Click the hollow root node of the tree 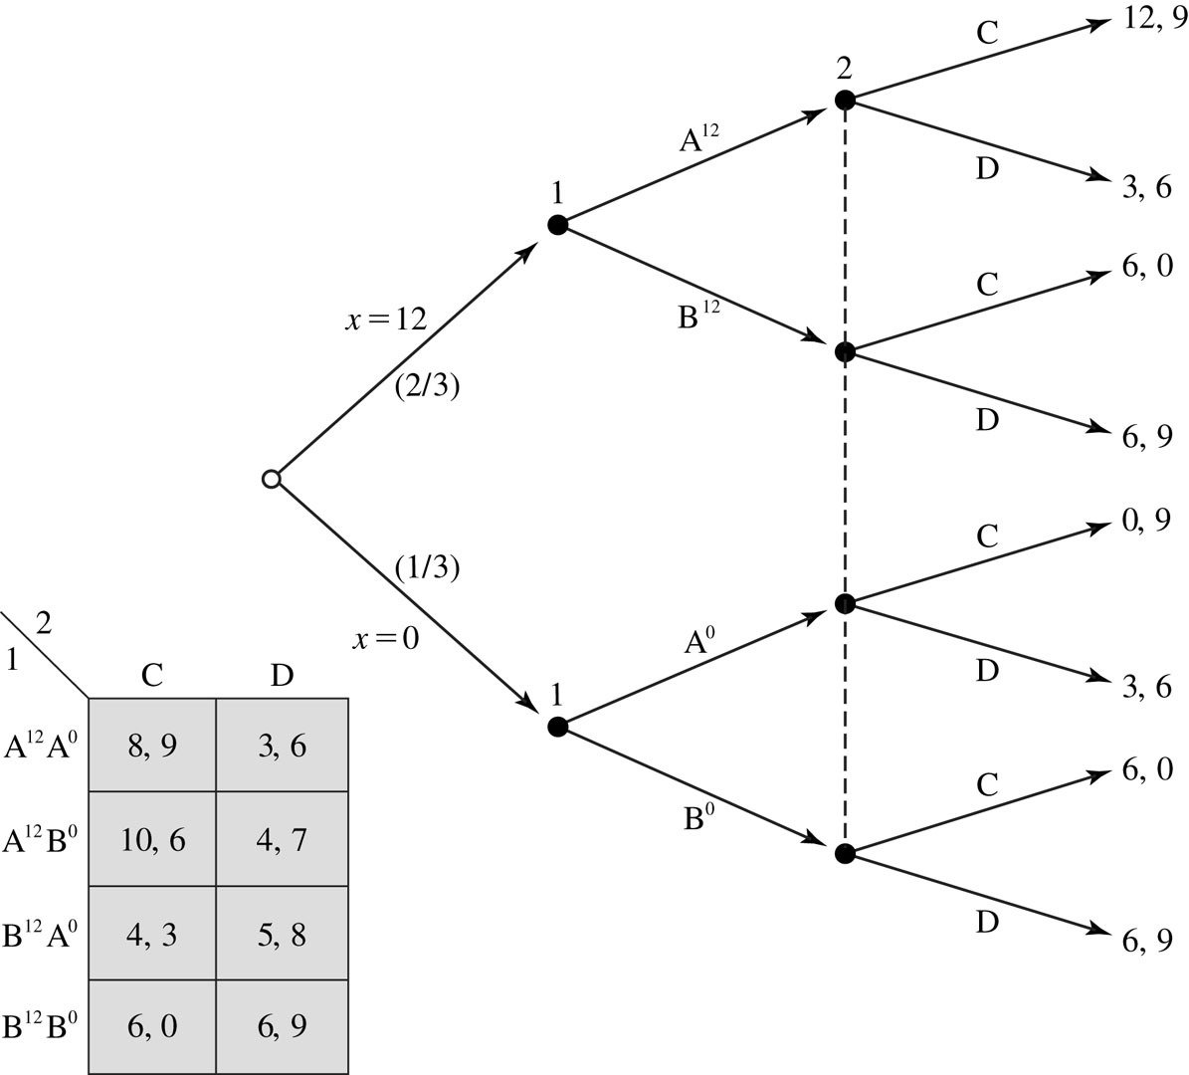[271, 479]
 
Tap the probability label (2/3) [427, 386]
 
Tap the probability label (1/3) [427, 567]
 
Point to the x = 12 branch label [386, 321]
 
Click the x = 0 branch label [385, 638]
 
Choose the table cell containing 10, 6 [152, 839]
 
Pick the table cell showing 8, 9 [152, 746]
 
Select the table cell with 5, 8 [282, 934]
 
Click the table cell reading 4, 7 [282, 839]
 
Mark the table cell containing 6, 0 [152, 1026]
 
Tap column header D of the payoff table [282, 676]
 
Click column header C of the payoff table [152, 676]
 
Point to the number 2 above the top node [845, 70]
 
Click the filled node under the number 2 [845, 100]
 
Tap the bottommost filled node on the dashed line [845, 853]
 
